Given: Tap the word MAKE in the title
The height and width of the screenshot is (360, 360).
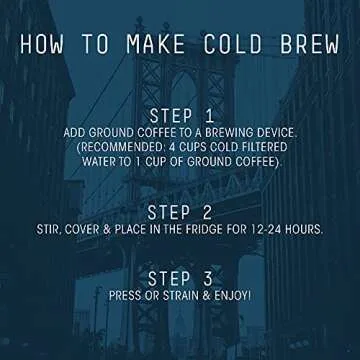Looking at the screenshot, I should click(x=159, y=45).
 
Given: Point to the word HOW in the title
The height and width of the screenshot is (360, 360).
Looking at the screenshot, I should click(x=47, y=45).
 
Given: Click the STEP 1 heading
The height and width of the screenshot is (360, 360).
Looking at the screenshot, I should click(x=180, y=116).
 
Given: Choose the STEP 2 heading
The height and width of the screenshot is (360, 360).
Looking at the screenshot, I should click(x=180, y=212).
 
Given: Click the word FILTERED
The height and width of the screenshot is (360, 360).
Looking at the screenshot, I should click(x=271, y=149).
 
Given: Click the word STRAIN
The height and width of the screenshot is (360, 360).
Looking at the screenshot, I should click(x=185, y=296).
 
